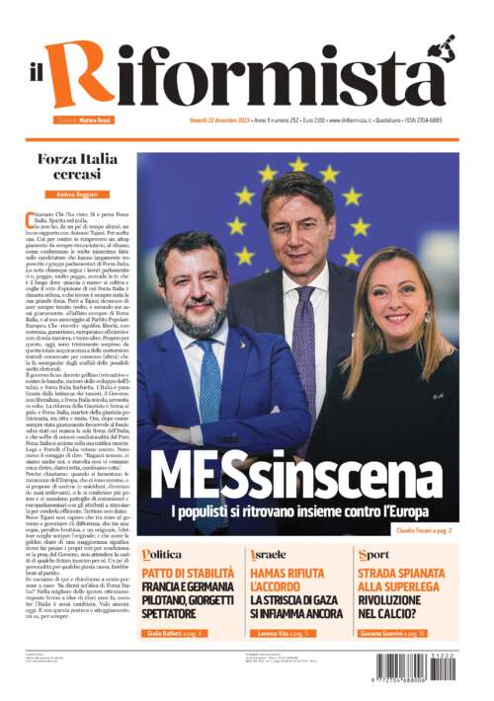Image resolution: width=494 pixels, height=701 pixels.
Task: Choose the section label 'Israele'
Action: click(x=269, y=554)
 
